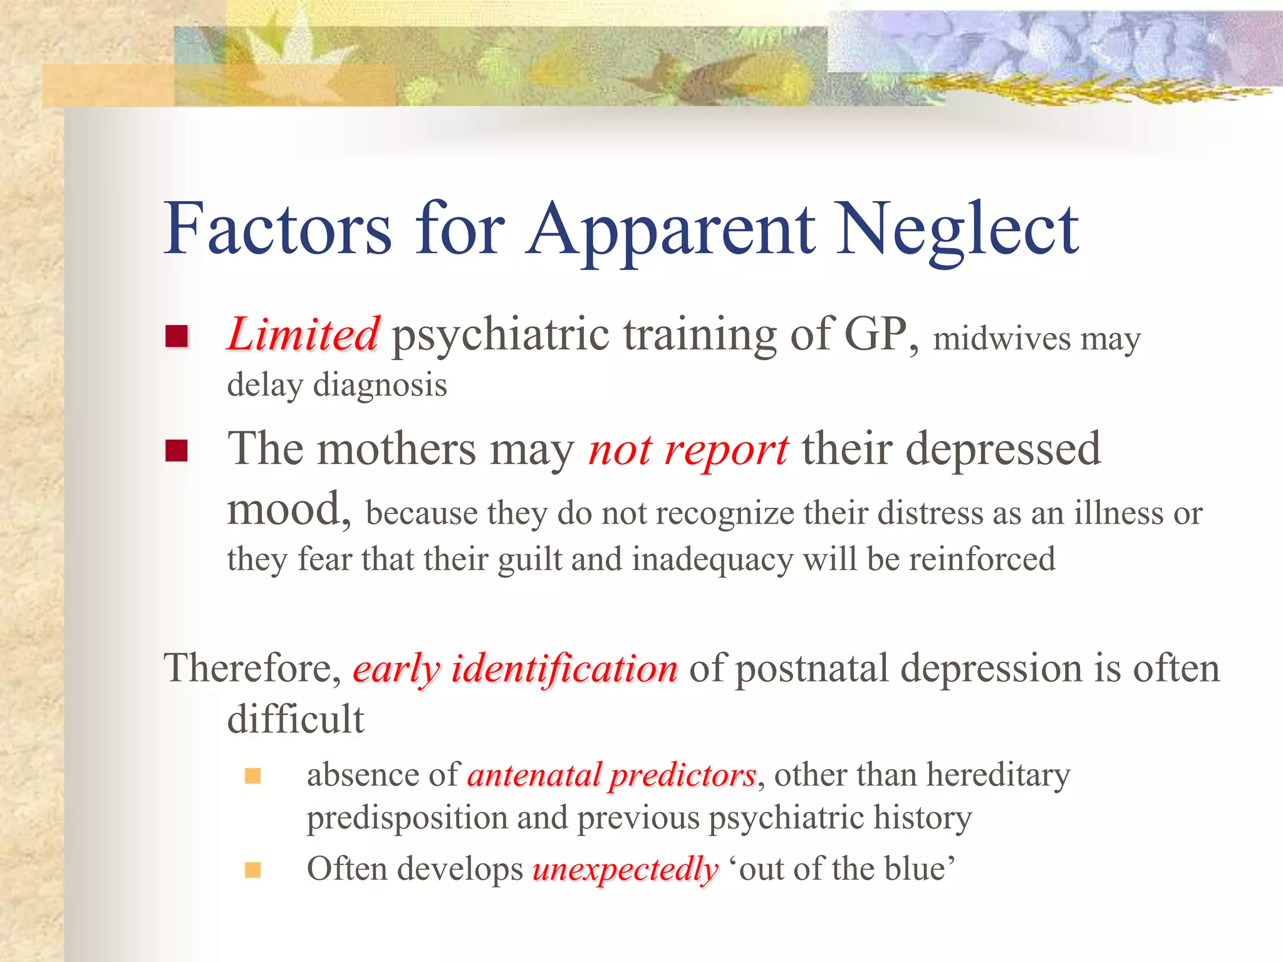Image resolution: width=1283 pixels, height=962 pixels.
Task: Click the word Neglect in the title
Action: coord(958,230)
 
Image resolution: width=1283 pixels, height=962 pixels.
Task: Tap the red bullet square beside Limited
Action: coord(177,336)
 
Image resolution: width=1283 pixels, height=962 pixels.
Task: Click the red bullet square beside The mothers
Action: coord(177,450)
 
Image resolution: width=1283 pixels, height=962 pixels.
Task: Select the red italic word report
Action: coord(726,450)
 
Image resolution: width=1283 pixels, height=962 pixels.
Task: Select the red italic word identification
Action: coord(564,669)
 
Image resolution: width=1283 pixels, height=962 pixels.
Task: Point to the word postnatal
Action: coord(812,668)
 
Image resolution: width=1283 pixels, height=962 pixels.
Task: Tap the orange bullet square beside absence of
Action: coord(252,777)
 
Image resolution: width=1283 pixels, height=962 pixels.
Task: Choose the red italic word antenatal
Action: coord(534,775)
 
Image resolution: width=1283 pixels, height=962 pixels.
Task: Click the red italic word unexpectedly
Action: coord(625,869)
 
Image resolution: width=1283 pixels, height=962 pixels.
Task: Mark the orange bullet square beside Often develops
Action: coord(252,870)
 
